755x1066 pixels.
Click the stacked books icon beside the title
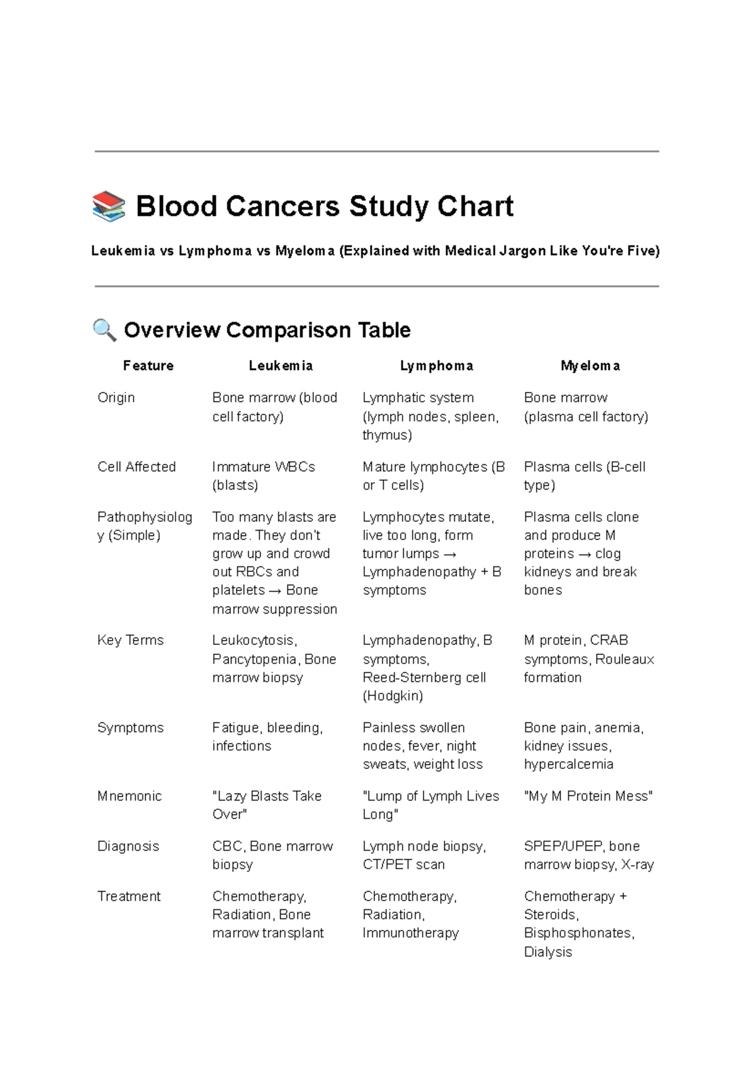pos(109,207)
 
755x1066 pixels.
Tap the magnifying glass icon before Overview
pos(104,330)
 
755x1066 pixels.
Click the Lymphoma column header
pos(437,366)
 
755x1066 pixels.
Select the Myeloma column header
pos(590,366)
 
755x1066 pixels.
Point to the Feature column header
pos(148,366)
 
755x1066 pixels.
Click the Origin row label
pos(116,398)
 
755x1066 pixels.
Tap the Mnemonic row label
pos(130,796)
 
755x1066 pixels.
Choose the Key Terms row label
pos(130,640)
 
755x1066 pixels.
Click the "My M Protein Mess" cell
pos(588,796)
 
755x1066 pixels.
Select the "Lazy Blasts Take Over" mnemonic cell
pos(267,805)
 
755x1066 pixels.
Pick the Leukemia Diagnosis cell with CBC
pos(272,855)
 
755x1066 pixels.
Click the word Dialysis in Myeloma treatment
pos(547,951)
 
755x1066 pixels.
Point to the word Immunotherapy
pos(410,933)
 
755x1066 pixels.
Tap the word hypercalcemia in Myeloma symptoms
pos(568,764)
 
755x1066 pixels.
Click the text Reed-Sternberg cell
pos(423,677)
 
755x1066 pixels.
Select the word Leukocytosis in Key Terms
pos(254,640)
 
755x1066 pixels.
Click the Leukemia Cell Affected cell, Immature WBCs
pos(263,476)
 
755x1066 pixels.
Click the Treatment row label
pos(129,896)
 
